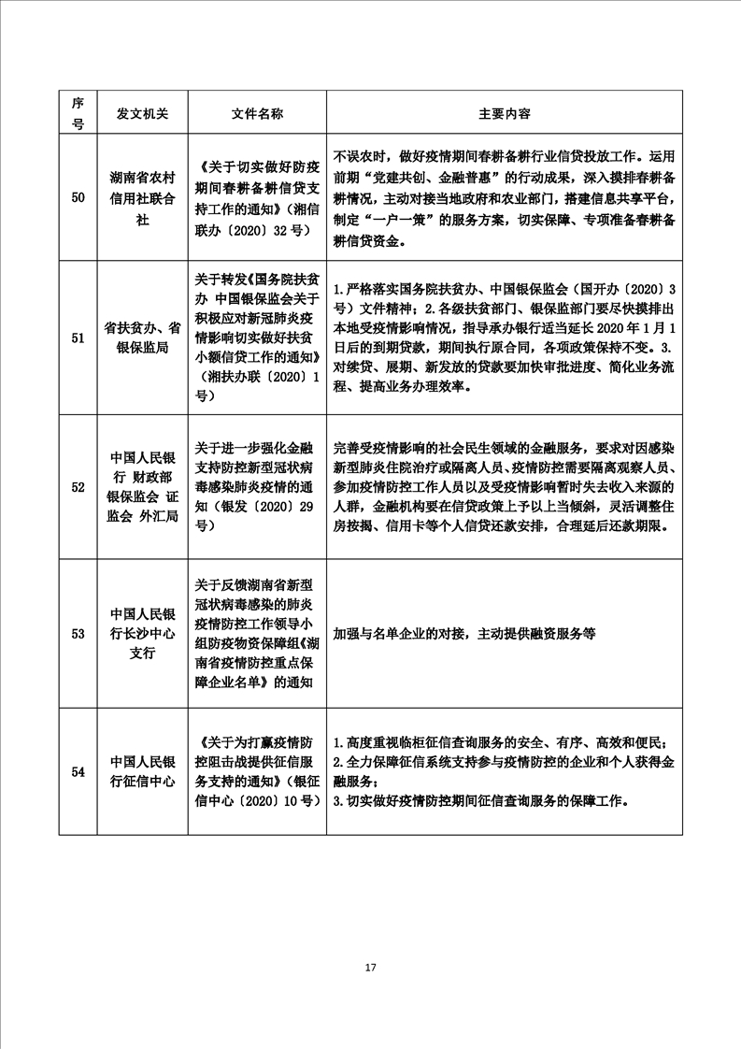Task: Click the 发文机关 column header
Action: click(143, 113)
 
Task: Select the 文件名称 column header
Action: click(257, 113)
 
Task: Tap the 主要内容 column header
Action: click(504, 113)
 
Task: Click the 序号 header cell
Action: click(78, 113)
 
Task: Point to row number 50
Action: click(78, 197)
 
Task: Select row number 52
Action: click(78, 487)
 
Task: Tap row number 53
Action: click(78, 633)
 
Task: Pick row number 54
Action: click(78, 771)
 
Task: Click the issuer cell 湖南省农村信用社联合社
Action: click(143, 197)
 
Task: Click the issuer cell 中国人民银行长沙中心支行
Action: click(143, 633)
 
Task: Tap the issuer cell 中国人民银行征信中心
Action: click(143, 771)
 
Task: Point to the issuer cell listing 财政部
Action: click(143, 487)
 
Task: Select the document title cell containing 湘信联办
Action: click(257, 197)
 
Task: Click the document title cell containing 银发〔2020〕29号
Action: click(257, 487)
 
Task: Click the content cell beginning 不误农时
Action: click(504, 197)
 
